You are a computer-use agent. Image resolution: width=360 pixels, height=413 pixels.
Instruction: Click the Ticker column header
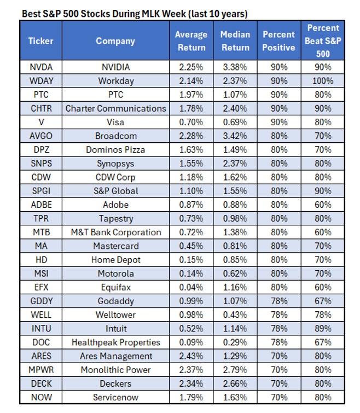[x=40, y=41]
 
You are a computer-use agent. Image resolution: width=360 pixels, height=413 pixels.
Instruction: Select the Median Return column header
[x=235, y=41]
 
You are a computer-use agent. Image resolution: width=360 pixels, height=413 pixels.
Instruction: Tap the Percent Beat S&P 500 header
[x=323, y=41]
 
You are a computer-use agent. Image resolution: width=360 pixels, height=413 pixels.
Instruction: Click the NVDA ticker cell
[x=40, y=67]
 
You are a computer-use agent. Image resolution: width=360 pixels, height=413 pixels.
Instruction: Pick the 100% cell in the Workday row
[x=323, y=80]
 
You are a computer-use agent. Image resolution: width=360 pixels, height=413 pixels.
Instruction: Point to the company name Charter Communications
[x=115, y=108]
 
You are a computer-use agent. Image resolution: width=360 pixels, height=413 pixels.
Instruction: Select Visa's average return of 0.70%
[x=190, y=122]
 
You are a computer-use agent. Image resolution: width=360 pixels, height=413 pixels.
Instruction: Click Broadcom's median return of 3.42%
[x=235, y=136]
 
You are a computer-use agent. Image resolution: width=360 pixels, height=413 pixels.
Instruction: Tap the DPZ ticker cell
[x=40, y=149]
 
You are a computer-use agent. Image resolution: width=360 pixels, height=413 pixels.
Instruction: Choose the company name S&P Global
[x=115, y=191]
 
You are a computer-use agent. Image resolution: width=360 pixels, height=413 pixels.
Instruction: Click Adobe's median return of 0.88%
[x=235, y=205]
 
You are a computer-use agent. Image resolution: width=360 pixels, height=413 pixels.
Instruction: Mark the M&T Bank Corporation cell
[x=115, y=232]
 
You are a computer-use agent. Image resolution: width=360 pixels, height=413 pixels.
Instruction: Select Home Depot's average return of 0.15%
[x=190, y=260]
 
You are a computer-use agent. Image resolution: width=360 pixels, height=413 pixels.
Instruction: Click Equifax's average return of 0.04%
[x=190, y=287]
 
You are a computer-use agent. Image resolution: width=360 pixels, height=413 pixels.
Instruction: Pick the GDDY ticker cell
[x=40, y=301]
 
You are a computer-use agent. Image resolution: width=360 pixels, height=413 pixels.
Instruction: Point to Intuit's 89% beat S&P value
[x=323, y=328]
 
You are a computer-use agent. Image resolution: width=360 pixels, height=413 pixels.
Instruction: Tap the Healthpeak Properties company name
[x=115, y=342]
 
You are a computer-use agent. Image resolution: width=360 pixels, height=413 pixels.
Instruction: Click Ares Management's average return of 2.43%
[x=190, y=356]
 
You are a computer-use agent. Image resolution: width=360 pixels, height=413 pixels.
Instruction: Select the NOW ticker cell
[x=40, y=397]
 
